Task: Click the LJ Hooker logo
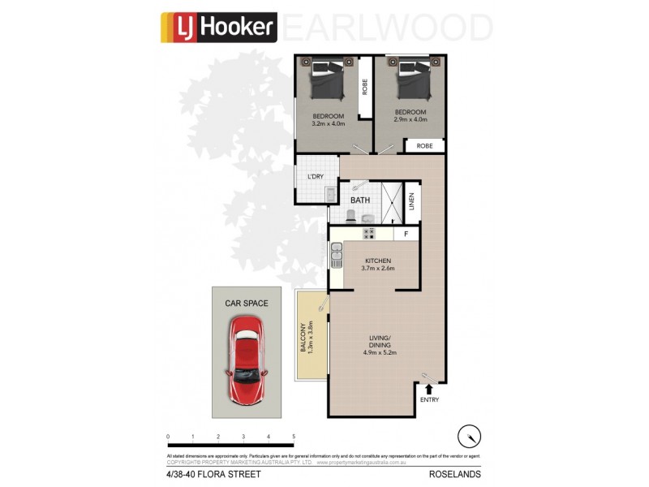click(218, 27)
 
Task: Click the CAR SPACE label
click(247, 304)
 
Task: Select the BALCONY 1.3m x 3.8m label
click(307, 335)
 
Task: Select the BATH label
click(360, 199)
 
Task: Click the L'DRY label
click(315, 177)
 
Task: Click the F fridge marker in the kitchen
click(406, 235)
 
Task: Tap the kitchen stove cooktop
click(368, 235)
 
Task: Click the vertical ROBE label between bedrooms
click(364, 86)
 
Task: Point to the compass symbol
click(468, 437)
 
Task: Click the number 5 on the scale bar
click(293, 437)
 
